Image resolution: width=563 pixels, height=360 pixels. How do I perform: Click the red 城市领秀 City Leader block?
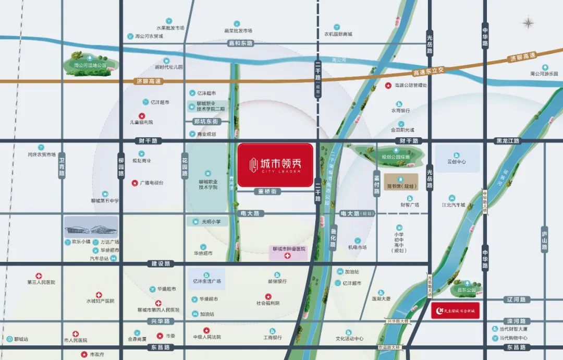(x=275, y=164)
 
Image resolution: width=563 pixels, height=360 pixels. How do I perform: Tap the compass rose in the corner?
(x=529, y=23)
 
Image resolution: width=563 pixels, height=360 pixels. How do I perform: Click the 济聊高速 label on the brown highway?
(x=149, y=81)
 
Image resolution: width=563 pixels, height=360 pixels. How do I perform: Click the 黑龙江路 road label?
(x=508, y=141)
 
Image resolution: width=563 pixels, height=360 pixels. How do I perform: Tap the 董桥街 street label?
(x=269, y=191)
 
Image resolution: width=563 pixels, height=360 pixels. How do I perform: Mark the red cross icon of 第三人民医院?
(x=39, y=275)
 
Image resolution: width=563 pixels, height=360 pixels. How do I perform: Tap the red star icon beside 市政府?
(x=84, y=354)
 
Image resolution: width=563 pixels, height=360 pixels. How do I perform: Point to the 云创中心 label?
(x=456, y=162)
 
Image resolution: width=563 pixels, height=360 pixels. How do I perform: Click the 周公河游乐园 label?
(x=544, y=74)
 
